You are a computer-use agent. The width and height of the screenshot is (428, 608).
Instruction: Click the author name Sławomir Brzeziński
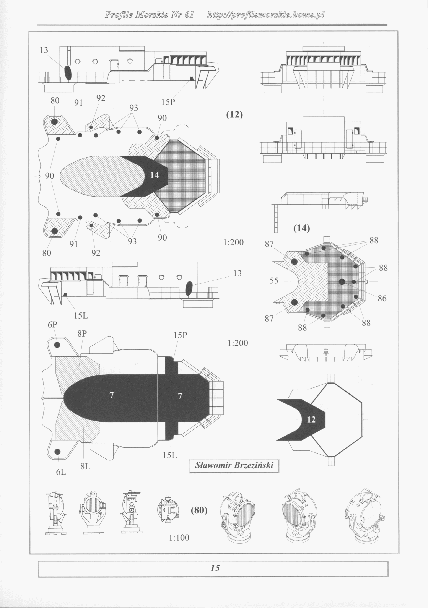pos(234,465)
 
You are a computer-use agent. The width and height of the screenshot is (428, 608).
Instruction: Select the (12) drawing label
pos(234,115)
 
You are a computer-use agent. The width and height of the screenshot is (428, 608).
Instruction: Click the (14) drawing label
pos(302,228)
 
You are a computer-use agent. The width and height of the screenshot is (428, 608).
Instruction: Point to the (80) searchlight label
pos(199,510)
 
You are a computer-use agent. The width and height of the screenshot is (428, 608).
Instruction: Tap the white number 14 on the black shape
pos(155,175)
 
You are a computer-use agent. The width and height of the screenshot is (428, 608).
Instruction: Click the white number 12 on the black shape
pos(311,419)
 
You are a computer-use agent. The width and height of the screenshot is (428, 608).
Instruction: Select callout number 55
pos(274,280)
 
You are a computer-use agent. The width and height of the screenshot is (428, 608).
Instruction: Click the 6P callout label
pos(52,324)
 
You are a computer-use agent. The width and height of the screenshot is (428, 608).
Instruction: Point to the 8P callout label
pos(82,334)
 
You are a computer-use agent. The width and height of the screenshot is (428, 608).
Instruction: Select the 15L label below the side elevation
pos(81,316)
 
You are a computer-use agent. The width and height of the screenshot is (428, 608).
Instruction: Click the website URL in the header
pos(266,15)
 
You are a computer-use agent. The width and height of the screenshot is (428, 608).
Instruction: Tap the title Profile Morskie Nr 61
pos(149,15)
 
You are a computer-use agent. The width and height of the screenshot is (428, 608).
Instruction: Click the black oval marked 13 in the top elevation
pos(68,73)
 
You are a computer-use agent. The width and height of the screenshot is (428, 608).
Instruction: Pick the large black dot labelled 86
pos(342,281)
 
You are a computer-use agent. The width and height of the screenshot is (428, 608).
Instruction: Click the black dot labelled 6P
pos(57,345)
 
